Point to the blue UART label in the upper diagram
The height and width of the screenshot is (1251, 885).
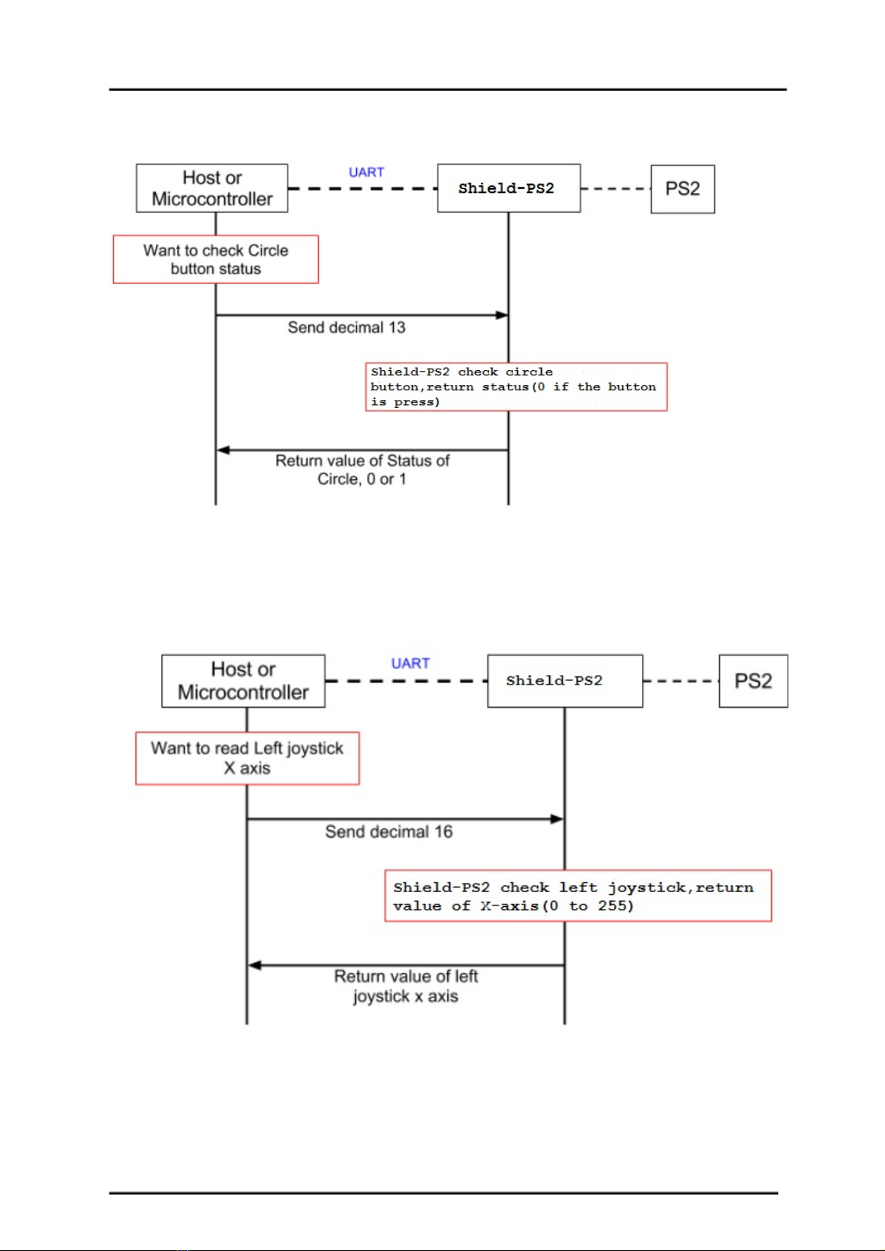[366, 172]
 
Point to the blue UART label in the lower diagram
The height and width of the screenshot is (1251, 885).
[410, 663]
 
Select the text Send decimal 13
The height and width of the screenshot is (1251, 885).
[346, 327]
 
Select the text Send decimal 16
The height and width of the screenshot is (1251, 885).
[389, 832]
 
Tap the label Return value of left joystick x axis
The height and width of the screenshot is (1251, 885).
[406, 986]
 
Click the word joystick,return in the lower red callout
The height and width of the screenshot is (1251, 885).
[681, 888]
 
